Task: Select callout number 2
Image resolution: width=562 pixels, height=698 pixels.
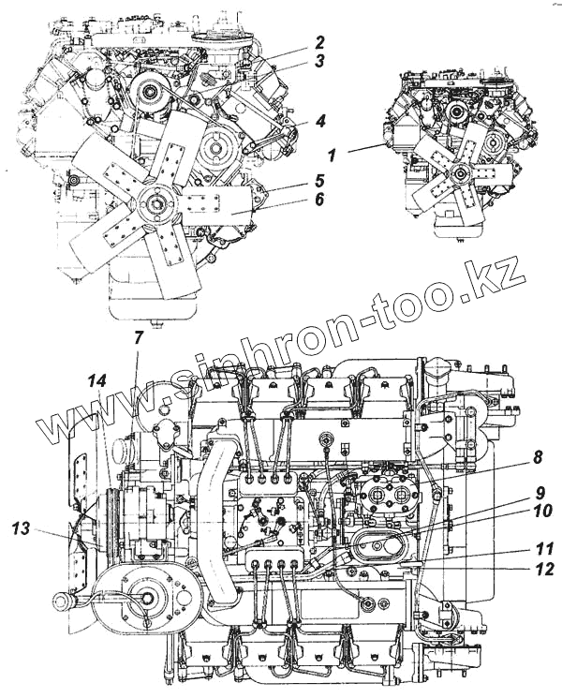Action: click(319, 42)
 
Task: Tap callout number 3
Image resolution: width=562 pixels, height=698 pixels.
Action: click(319, 63)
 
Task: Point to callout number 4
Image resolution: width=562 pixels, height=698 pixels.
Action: click(319, 121)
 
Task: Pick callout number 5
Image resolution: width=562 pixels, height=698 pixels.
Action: click(319, 179)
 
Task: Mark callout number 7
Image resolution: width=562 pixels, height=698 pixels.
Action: click(139, 336)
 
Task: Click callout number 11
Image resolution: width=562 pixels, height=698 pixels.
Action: click(541, 549)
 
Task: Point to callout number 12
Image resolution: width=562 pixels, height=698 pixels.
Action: click(541, 569)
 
